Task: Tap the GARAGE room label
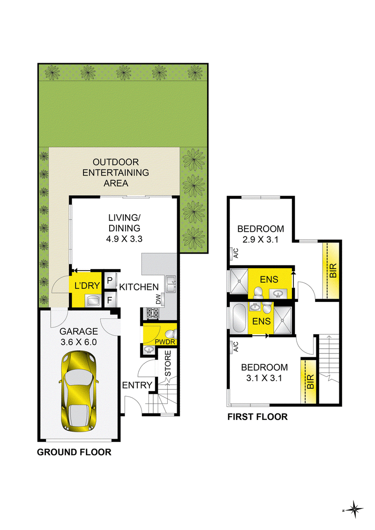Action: tap(79, 331)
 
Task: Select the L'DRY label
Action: tap(87, 286)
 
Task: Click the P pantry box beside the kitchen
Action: tap(110, 280)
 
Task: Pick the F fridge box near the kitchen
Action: tap(110, 300)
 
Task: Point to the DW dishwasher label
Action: tap(158, 299)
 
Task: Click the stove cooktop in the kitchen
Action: tap(152, 313)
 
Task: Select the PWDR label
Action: tap(165, 342)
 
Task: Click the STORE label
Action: tap(168, 363)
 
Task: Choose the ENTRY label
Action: tap(137, 385)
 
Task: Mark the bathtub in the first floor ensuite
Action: tap(239, 318)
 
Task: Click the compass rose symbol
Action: tap(354, 509)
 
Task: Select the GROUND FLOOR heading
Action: tap(74, 452)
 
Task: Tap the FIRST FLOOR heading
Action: tap(257, 417)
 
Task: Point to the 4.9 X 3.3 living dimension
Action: tap(124, 239)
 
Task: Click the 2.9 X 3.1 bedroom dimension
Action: tap(260, 240)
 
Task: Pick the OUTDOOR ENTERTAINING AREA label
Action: tap(116, 173)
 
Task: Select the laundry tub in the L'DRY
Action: tap(93, 300)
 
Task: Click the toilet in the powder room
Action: tap(171, 334)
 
